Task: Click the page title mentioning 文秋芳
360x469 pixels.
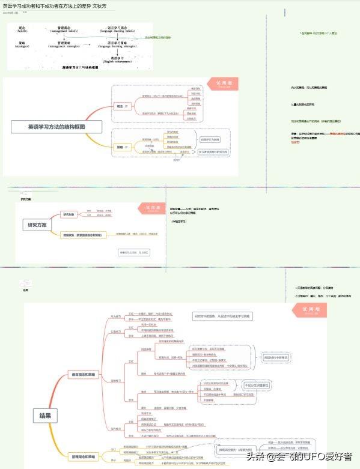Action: [x=55, y=5]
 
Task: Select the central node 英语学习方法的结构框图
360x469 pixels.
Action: [x=57, y=127]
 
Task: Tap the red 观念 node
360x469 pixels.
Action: [x=120, y=106]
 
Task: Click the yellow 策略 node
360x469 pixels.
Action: [x=120, y=147]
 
